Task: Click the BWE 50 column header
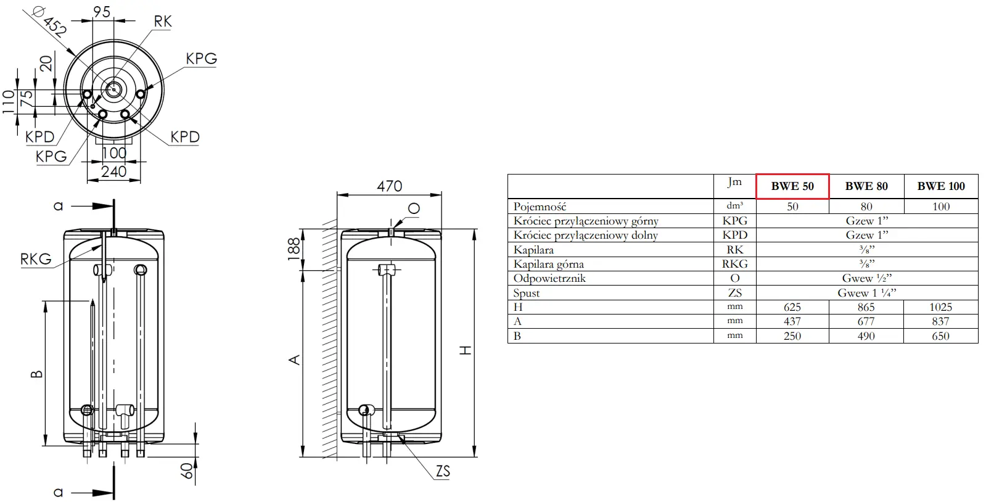pos(792,186)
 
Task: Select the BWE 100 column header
pos(941,186)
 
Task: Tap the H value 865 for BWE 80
pos(866,307)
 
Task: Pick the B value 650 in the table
pos(940,336)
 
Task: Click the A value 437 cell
pos(792,321)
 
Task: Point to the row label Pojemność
pos(540,207)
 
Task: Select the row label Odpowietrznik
pos(549,278)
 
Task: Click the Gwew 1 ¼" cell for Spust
pos(867,293)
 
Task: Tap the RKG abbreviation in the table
pos(734,264)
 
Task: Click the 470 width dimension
pos(390,186)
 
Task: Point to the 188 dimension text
pos(294,249)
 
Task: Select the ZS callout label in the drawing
pos(443,471)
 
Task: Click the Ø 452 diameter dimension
pos(50,21)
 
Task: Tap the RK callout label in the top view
pos(162,21)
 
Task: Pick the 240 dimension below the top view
pos(113,171)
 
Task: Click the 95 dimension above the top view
pos(102,12)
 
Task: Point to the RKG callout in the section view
pos(36,259)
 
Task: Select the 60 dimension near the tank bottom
pos(187,471)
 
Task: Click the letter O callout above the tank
pos(414,208)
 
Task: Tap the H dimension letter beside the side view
pos(466,350)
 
